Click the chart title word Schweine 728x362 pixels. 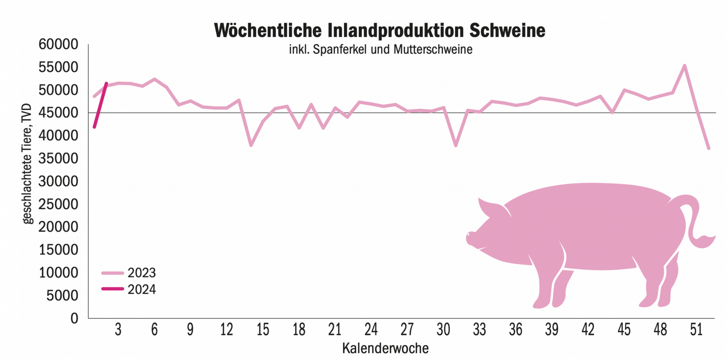pyautogui.click(x=507, y=30)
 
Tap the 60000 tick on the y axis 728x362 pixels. pyautogui.click(x=58, y=45)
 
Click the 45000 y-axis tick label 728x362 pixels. pyautogui.click(x=58, y=113)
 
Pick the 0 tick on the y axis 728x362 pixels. pyautogui.click(x=74, y=318)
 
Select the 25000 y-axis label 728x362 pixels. pyautogui.click(x=58, y=204)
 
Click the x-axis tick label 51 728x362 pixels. pyautogui.click(x=696, y=330)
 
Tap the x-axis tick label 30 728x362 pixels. pyautogui.click(x=443, y=330)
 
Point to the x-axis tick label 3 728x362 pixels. pyautogui.click(x=118, y=330)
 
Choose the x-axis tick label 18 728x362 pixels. pyautogui.click(x=298, y=330)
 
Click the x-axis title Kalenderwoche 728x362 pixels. pyautogui.click(x=385, y=348)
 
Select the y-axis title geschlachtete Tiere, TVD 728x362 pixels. pyautogui.click(x=27, y=164)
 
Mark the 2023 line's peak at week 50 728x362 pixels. pyautogui.click(x=684, y=66)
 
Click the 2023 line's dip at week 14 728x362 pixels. pyautogui.click(x=251, y=145)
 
